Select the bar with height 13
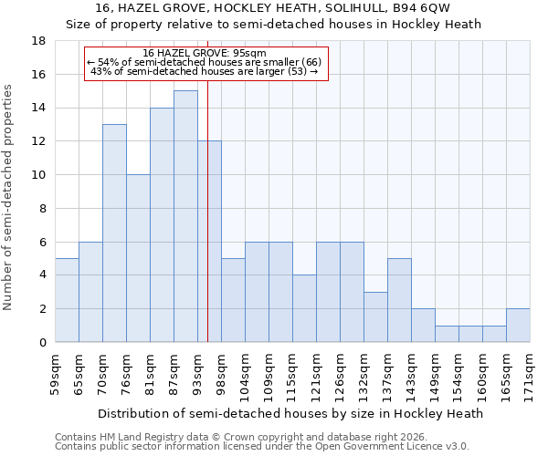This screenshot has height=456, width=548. coord(114,233)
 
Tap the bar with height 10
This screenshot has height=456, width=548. coord(138,258)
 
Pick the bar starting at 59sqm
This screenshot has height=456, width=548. coord(67,300)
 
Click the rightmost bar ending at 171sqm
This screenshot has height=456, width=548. coord(518,326)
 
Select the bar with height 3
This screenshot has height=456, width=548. coord(375,316)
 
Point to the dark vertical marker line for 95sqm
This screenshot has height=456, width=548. coord(207,210)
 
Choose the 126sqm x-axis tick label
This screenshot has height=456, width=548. coord(341,375)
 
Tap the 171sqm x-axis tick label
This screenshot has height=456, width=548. coord(531,375)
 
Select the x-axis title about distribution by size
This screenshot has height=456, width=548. coord(290,413)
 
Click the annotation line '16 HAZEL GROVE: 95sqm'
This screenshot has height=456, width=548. coord(205,54)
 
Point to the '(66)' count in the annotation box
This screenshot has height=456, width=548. coord(311,62)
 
